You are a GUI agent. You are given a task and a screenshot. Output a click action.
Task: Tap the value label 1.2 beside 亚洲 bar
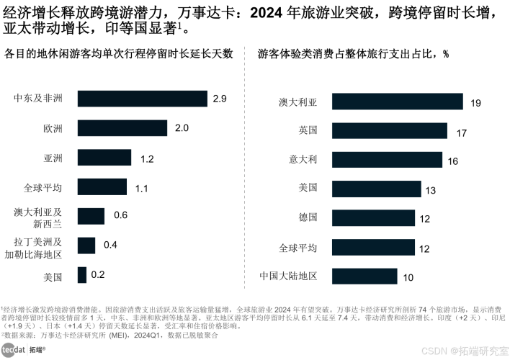[147, 158]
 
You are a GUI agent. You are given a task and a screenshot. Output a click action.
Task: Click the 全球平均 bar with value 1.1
[102, 187]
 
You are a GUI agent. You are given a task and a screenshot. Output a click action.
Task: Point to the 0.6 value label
[120, 215]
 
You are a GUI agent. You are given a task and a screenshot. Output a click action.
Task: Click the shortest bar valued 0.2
[81, 275]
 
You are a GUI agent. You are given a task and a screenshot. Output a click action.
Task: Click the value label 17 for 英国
[462, 132]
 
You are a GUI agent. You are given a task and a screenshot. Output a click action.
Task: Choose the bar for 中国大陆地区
[359, 276]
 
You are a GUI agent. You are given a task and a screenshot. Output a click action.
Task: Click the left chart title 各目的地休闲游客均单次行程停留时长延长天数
[119, 55]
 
